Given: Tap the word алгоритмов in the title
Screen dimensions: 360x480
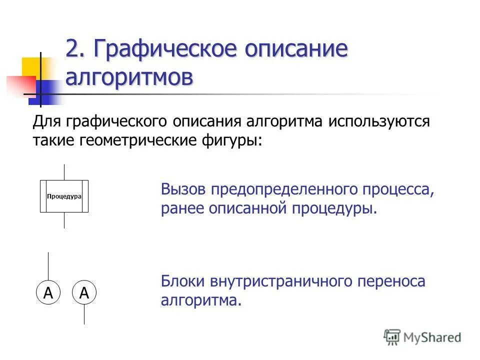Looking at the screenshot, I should tap(128, 77).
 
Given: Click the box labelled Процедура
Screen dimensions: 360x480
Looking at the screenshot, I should tap(64, 196).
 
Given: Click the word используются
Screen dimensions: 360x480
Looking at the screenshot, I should tap(378, 121).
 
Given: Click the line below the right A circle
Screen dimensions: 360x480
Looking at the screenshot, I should tap(84, 313).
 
